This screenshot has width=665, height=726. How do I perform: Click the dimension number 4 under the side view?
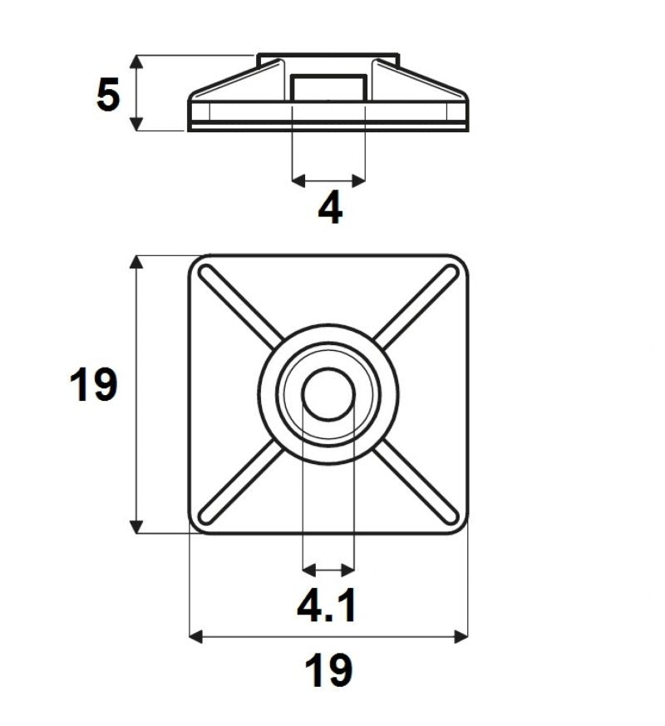click(330, 208)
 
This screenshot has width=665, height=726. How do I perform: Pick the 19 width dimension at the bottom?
click(328, 670)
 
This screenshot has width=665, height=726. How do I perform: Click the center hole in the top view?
click(328, 393)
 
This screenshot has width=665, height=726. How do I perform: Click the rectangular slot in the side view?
click(329, 89)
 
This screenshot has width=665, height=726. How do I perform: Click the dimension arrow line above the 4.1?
click(329, 570)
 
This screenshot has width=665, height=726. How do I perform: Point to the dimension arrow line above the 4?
click(329, 179)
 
